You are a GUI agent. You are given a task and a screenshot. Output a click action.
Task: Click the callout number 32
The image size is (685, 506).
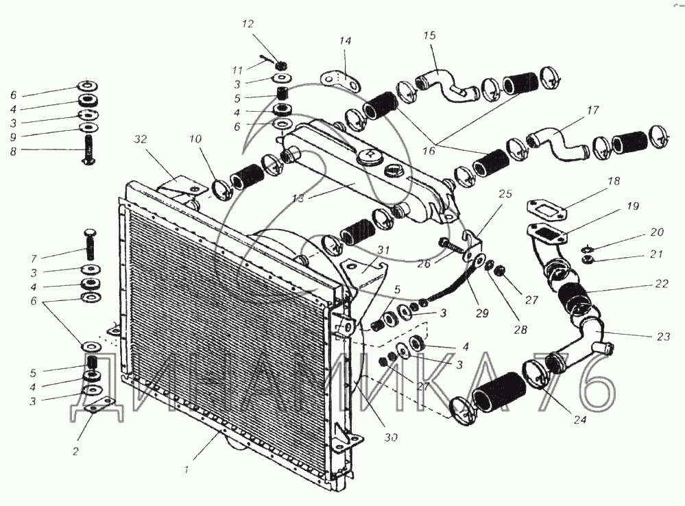pyautogui.click(x=141, y=139)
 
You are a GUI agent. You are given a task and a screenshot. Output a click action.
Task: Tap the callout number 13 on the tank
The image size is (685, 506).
pyautogui.click(x=298, y=198)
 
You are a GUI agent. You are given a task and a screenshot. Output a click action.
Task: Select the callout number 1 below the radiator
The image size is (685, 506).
pyautogui.click(x=187, y=470)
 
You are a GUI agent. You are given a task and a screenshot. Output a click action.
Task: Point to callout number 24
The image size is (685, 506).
pyautogui.click(x=579, y=420)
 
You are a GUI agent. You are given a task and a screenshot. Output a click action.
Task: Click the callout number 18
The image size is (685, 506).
pyautogui.click(x=614, y=180)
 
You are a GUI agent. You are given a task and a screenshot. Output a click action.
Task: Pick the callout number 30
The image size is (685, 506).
pyautogui.click(x=391, y=437)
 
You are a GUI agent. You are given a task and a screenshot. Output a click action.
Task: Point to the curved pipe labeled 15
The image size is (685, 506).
pyautogui.click(x=447, y=85)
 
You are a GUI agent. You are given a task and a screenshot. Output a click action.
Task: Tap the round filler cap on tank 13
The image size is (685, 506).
pyautogui.click(x=370, y=157)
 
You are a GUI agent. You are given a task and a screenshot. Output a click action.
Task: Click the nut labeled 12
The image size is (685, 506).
pyautogui.click(x=282, y=66)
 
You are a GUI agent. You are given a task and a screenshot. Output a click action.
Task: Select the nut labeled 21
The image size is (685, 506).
pyautogui.click(x=588, y=261)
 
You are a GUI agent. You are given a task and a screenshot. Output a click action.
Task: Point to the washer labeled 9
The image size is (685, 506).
pyautogui.click(x=89, y=128)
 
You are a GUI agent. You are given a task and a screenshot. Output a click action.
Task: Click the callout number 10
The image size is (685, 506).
pyautogui.click(x=195, y=139)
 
